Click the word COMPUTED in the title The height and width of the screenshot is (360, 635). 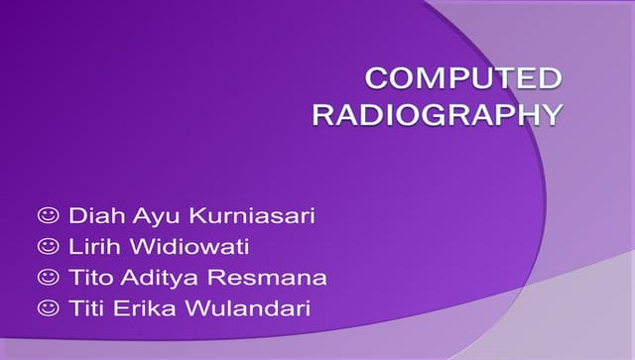463,79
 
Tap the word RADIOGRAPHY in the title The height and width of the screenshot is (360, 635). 438,115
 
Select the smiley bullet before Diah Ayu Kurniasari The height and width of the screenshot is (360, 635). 47,214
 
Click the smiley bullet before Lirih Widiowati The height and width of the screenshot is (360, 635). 47,245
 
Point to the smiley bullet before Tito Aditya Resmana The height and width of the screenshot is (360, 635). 47,277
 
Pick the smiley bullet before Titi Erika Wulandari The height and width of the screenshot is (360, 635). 47,308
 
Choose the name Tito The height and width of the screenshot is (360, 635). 90,277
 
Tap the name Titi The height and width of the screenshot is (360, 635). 87,308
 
